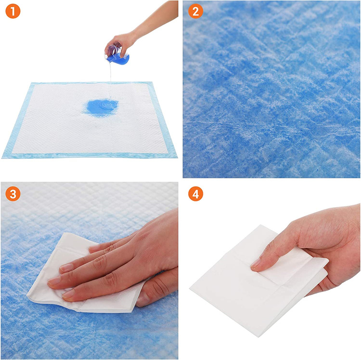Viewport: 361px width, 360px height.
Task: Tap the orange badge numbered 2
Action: (x=195, y=11)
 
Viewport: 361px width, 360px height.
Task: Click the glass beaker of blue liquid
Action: (x=117, y=53)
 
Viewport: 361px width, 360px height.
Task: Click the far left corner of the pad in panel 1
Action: (x=31, y=84)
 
